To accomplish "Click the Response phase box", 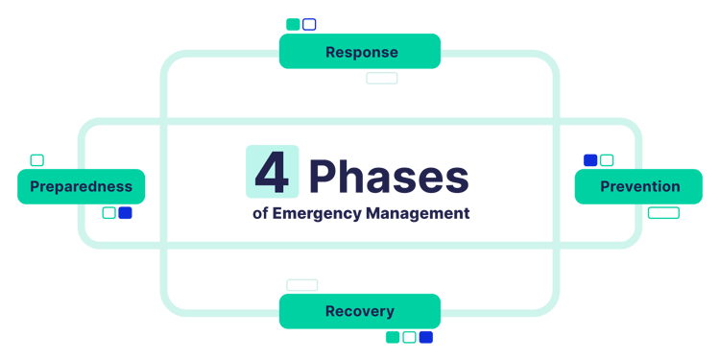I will click(360, 51).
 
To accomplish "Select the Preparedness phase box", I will click(81, 186).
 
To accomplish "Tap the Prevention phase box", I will click(639, 186).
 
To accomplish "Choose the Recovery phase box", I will click(360, 311).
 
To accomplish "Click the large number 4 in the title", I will click(272, 172).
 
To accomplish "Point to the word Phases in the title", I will click(389, 178).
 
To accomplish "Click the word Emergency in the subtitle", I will click(318, 213).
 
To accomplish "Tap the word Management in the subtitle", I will click(418, 213).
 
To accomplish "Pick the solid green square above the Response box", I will click(293, 24).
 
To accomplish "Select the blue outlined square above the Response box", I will click(309, 24).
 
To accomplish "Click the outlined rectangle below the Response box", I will click(382, 78).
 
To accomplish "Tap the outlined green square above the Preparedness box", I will click(36, 159).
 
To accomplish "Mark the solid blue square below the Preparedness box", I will click(125, 213).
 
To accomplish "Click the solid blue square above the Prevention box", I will click(590, 159).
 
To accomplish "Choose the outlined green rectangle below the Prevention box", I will click(663, 213).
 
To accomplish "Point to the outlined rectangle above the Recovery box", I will click(301, 285).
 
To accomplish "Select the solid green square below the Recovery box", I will click(392, 337).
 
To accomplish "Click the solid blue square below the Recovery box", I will click(426, 337).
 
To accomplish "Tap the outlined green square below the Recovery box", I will click(409, 337).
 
